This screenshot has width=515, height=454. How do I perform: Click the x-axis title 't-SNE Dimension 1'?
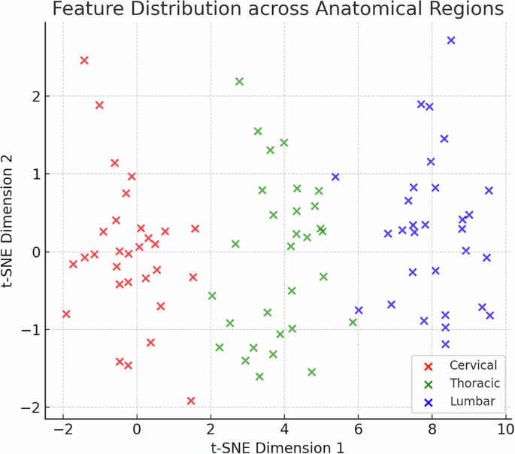pyautogui.click(x=277, y=447)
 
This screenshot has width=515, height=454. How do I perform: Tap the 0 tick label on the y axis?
pyautogui.click(x=33, y=252)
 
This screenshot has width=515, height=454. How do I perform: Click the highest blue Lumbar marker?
pyautogui.click(x=451, y=41)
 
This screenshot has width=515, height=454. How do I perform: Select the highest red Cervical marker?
pyautogui.click(x=84, y=60)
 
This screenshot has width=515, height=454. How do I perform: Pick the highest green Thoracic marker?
pyautogui.click(x=239, y=81)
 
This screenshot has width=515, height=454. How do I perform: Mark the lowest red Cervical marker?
pyautogui.click(x=191, y=401)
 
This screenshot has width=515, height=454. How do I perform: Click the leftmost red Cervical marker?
pyautogui.click(x=66, y=313)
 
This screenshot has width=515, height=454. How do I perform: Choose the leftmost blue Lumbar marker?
pyautogui.click(x=335, y=177)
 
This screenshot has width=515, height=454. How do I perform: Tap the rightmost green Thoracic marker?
pyautogui.click(x=353, y=322)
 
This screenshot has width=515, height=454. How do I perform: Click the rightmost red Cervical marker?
pyautogui.click(x=195, y=229)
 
